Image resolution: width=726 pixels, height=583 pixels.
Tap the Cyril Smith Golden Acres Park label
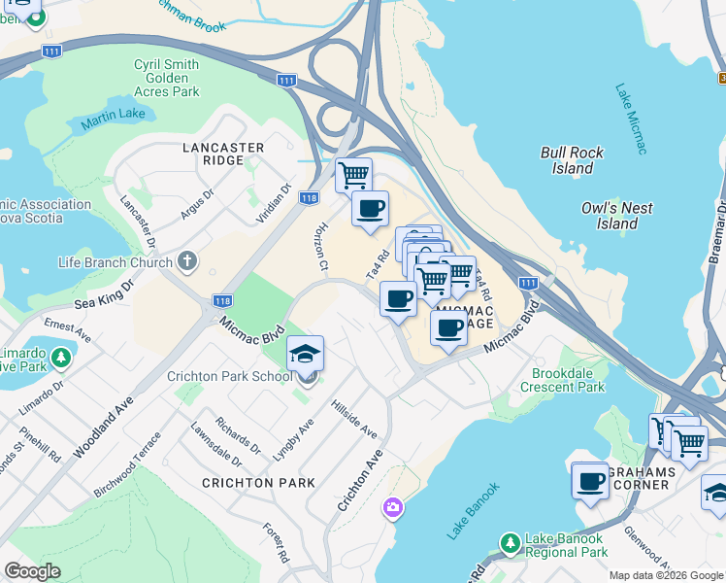coord(167,78)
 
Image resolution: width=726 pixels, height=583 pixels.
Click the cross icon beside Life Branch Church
coord(186,261)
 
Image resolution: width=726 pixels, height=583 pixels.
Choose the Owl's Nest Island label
coord(616,216)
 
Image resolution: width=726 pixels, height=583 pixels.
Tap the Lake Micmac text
coord(630,119)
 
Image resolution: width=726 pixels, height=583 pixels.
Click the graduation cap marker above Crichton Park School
coord(305,354)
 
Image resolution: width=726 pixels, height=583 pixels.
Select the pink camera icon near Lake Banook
coord(392,508)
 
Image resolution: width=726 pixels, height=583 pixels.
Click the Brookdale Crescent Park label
coord(568,380)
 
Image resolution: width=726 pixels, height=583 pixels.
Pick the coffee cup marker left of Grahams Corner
coord(589,480)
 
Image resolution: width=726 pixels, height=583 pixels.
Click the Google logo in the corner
coord(32,570)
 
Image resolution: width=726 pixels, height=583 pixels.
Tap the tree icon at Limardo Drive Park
coord(62,357)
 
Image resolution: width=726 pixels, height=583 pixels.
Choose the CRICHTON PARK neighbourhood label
coord(258,482)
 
